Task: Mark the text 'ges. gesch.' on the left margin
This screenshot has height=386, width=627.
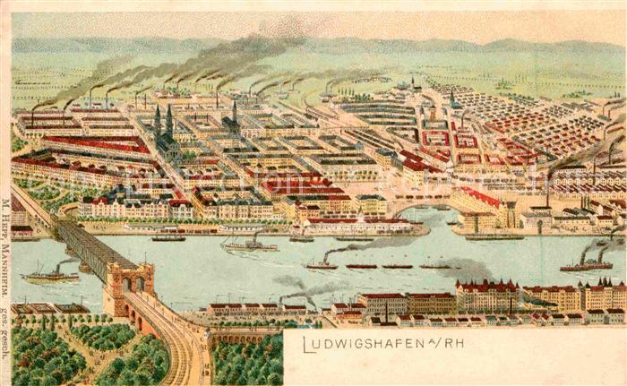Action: [6, 331]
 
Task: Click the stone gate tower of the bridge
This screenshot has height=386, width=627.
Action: [132, 284]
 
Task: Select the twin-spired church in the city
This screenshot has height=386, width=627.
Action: [163, 130]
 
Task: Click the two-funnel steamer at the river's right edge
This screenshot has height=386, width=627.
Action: [587, 263]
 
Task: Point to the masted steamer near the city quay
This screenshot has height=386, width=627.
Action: [249, 244]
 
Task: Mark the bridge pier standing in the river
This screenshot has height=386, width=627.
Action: [84, 265]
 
